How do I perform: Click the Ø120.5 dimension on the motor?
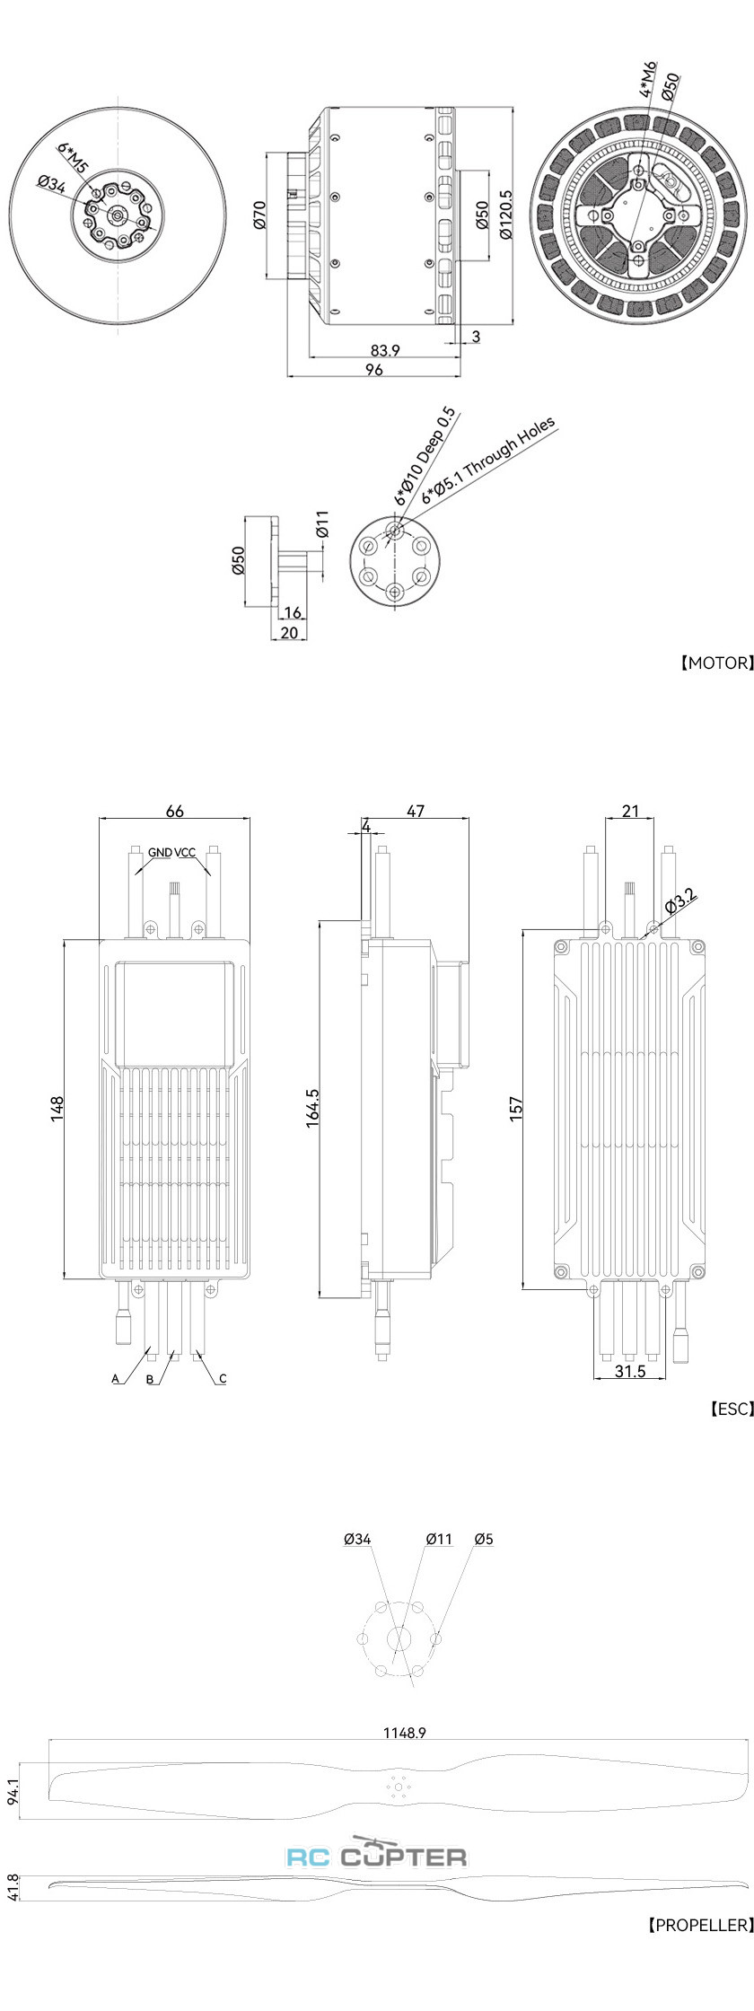(506, 214)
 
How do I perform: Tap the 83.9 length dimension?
(384, 350)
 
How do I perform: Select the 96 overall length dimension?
(374, 370)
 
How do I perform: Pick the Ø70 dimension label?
(259, 215)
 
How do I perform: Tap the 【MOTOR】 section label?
(715, 663)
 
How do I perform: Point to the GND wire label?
(161, 852)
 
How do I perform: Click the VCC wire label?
(185, 852)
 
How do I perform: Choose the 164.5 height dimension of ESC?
(313, 1108)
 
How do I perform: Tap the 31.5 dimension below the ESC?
(630, 1372)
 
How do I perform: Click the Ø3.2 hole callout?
(680, 900)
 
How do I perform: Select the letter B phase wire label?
(150, 1379)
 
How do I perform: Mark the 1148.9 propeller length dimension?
(403, 1733)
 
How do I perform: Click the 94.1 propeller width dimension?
(12, 1791)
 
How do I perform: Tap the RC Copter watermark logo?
(377, 1856)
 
